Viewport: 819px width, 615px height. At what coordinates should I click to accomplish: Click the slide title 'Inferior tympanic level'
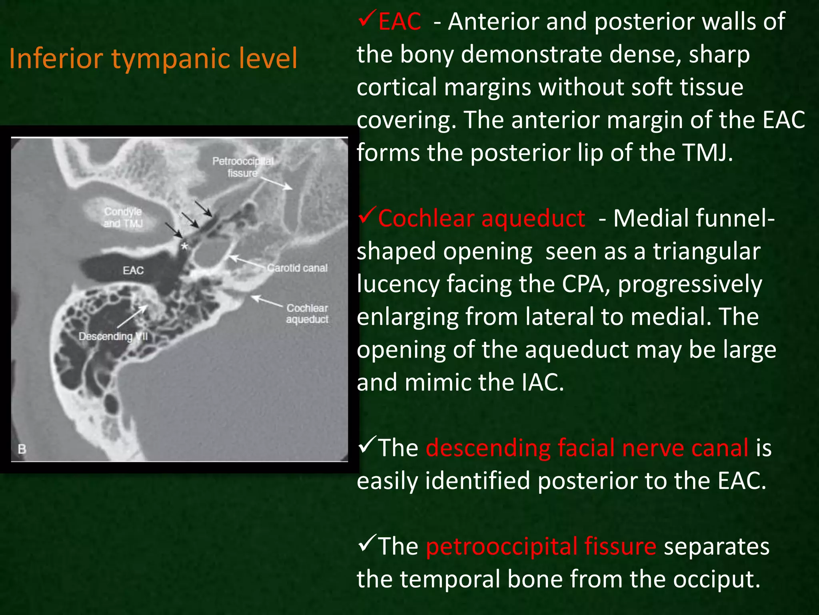[153, 58]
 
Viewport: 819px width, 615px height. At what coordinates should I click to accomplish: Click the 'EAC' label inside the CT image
[133, 271]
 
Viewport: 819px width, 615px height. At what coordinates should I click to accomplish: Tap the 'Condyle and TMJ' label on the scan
[123, 217]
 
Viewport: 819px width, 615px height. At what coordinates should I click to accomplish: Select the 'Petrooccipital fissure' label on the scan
[243, 167]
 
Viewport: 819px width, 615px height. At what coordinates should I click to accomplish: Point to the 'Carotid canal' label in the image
[297, 268]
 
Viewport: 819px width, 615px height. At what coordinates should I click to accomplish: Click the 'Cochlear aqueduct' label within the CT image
[307, 314]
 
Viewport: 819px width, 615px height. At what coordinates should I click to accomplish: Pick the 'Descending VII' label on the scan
[113, 336]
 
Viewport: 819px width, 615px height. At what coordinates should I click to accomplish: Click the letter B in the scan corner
[22, 449]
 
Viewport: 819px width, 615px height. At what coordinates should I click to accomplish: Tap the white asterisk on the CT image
[184, 246]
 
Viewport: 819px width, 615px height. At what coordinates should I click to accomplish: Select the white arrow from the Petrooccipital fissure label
[276, 183]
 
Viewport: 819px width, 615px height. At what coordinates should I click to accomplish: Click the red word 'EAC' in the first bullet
[399, 22]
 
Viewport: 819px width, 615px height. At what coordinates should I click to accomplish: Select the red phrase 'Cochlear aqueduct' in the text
[481, 219]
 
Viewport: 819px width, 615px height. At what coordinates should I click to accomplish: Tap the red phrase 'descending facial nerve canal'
[587, 448]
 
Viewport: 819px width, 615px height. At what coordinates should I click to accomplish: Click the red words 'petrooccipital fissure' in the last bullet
[541, 546]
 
